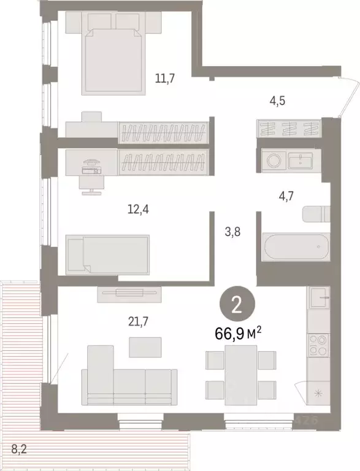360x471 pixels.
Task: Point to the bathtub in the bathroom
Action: (291, 248)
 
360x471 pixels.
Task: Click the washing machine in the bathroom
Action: (274, 161)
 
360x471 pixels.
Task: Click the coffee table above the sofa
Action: (145, 347)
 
